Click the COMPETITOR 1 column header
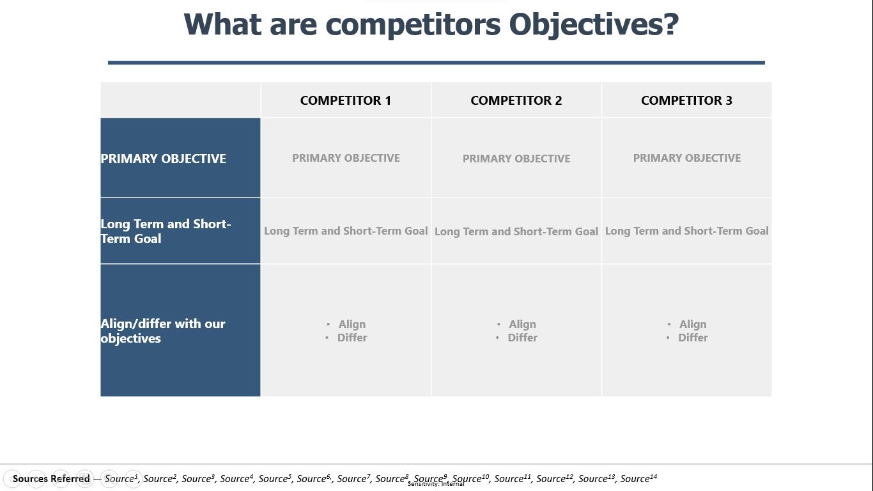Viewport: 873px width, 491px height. pyautogui.click(x=345, y=100)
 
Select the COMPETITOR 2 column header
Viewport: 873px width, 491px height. pyautogui.click(x=516, y=100)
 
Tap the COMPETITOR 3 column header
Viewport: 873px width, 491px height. pyautogui.click(x=686, y=100)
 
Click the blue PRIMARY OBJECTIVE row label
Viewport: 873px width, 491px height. pyautogui.click(x=164, y=159)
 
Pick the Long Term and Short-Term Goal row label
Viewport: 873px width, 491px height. pyautogui.click(x=166, y=231)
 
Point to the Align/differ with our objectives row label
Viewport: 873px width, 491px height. pyautogui.click(x=163, y=331)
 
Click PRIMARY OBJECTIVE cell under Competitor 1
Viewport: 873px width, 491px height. pyautogui.click(x=346, y=158)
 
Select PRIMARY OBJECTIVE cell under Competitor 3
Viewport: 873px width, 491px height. pyautogui.click(x=687, y=158)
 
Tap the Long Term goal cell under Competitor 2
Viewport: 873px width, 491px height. pyautogui.click(x=516, y=231)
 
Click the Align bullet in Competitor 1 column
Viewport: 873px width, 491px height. pyautogui.click(x=352, y=324)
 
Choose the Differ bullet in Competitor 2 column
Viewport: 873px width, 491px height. pyautogui.click(x=522, y=338)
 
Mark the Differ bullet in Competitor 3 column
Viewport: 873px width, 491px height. pyautogui.click(x=693, y=338)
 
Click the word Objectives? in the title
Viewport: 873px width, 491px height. pyautogui.click(x=594, y=25)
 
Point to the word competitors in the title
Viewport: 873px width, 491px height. pyautogui.click(x=413, y=25)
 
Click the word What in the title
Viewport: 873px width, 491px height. pyautogui.click(x=222, y=24)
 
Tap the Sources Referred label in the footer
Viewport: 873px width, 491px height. pyautogui.click(x=51, y=479)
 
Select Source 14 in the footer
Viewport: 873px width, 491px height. pyautogui.click(x=638, y=478)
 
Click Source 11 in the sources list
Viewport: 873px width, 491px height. pyautogui.click(x=513, y=478)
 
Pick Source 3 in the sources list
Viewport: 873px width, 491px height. pyautogui.click(x=198, y=478)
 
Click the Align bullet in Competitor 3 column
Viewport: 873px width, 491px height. pyautogui.click(x=693, y=324)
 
